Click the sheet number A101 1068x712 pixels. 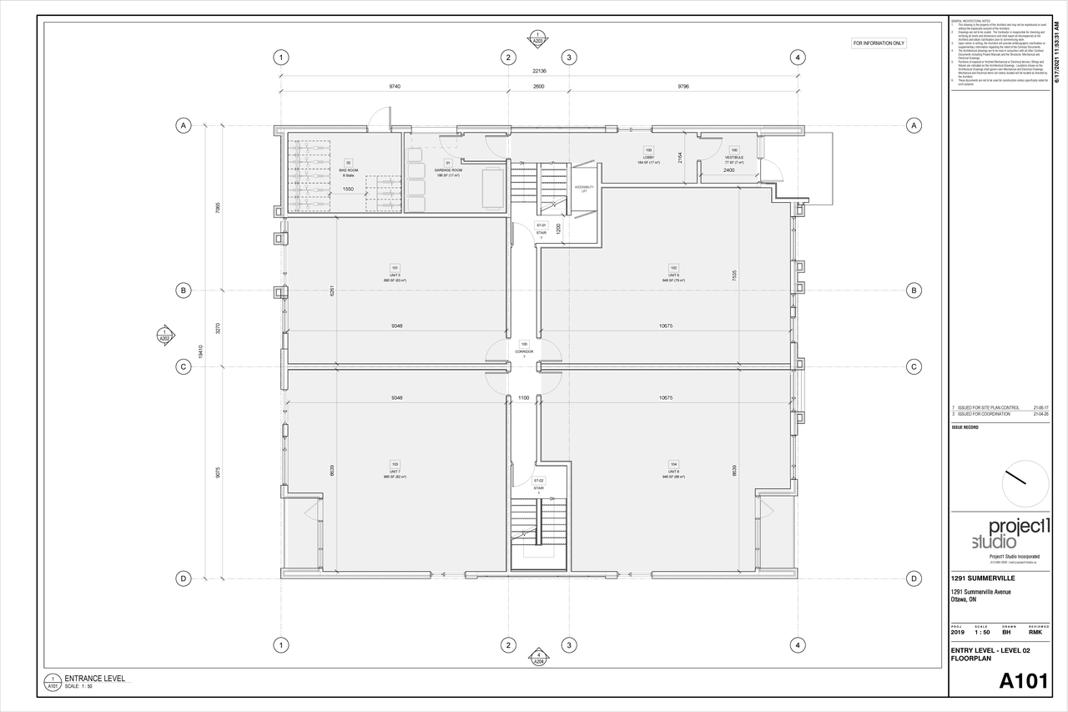[x=1023, y=680]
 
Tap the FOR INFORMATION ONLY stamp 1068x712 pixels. [x=879, y=43]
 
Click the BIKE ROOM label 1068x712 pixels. [x=348, y=170]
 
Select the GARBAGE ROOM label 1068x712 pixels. [x=448, y=169]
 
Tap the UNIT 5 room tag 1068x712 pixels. [x=395, y=275]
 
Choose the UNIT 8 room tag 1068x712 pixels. [x=673, y=471]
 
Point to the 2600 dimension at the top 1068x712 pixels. [x=539, y=86]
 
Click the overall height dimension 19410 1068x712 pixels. [x=200, y=352]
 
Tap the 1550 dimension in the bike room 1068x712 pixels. [x=348, y=189]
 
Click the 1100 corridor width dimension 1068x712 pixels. [x=524, y=398]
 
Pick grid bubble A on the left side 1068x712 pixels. [x=183, y=125]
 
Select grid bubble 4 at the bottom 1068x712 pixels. [x=798, y=645]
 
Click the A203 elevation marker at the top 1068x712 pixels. [x=538, y=38]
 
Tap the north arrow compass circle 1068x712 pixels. [x=1025, y=483]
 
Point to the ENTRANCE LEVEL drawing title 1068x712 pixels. [x=94, y=679]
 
